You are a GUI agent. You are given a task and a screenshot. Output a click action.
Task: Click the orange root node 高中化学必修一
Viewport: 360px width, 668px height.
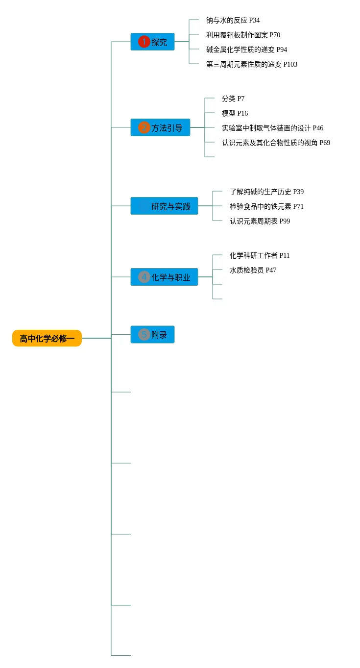47,338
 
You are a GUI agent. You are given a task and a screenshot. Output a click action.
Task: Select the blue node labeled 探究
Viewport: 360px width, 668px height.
152,42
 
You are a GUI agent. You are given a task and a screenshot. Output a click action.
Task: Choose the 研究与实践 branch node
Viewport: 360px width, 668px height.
164,206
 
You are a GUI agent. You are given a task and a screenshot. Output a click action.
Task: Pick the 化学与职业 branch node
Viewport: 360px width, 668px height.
164,277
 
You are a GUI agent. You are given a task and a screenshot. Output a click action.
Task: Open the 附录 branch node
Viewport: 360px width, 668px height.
152,335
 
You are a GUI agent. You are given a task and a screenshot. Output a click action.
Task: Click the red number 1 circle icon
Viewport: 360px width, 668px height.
144,42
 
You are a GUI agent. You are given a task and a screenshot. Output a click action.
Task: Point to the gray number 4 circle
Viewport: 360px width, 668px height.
144,277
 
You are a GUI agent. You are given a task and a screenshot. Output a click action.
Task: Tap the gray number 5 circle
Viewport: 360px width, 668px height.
144,335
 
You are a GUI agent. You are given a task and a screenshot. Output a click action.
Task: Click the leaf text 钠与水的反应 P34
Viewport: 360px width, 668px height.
233,20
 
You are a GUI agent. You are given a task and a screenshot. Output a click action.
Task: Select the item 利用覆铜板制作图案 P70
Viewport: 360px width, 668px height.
243,35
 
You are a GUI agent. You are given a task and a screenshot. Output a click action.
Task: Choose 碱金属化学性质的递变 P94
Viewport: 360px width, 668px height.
246,49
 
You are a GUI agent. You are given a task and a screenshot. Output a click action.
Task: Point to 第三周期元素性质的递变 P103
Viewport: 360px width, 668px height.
251,64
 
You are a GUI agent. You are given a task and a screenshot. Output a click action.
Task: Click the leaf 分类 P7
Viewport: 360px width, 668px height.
233,99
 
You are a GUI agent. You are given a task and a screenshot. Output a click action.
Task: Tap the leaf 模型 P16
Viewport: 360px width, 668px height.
235,113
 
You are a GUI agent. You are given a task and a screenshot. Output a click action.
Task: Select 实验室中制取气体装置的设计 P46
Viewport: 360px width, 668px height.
272,128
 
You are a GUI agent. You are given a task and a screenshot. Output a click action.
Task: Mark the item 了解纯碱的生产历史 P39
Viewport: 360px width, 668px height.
266,192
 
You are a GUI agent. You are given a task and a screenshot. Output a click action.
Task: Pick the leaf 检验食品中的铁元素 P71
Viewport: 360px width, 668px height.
266,206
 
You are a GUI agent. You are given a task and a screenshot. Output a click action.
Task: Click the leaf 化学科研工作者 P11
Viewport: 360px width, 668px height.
260,255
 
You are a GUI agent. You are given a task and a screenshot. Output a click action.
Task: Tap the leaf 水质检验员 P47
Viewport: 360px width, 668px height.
253,270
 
